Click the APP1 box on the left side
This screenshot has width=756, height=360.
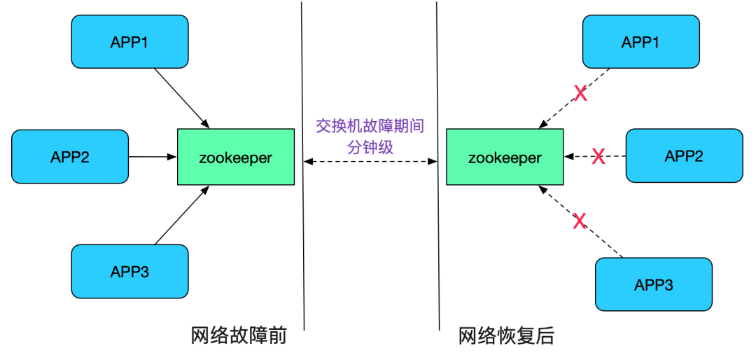click(x=129, y=41)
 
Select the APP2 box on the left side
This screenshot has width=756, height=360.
click(x=70, y=156)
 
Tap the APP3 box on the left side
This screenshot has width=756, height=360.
click(x=129, y=271)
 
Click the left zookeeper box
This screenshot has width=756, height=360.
click(x=235, y=158)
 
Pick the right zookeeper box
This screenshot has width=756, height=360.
click(x=505, y=158)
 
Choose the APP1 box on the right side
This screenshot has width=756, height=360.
click(x=640, y=42)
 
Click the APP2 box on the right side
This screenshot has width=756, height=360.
click(x=683, y=155)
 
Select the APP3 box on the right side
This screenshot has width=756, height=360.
click(x=653, y=284)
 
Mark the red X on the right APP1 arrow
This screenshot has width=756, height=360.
click(x=580, y=93)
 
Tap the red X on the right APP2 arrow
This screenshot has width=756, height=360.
click(x=598, y=157)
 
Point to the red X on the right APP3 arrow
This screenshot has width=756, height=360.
click(x=580, y=222)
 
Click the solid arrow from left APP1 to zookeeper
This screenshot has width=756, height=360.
click(x=181, y=97)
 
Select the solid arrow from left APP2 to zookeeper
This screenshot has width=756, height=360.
click(x=153, y=157)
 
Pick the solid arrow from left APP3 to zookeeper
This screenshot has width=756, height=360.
click(x=181, y=217)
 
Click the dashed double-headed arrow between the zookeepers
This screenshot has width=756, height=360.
click(x=370, y=162)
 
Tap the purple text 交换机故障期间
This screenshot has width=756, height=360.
click(x=370, y=126)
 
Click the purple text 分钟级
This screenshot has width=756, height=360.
click(x=370, y=146)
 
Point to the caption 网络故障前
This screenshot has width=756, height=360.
click(x=239, y=336)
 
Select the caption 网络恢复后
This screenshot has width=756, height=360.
click(x=506, y=336)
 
